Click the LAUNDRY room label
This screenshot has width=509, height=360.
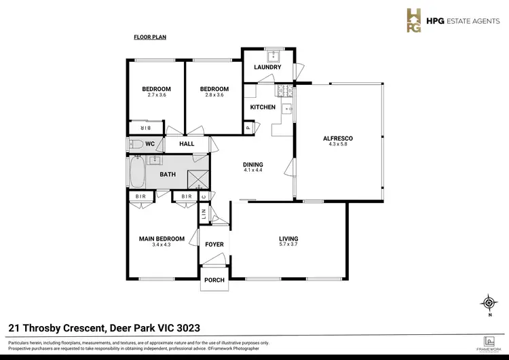[x=267, y=67]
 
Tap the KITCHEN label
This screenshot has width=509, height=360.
[x=263, y=107]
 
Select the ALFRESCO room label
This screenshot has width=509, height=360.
[x=337, y=139]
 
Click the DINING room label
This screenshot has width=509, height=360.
[x=253, y=164]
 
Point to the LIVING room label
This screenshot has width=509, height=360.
[x=288, y=238]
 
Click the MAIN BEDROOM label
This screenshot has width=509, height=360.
[x=162, y=238]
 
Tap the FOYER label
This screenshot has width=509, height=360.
[x=214, y=244]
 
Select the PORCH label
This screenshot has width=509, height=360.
[x=214, y=280]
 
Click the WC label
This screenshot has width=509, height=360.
[x=150, y=144]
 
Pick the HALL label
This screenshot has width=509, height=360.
[x=187, y=144]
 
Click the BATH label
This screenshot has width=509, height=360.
[x=168, y=175]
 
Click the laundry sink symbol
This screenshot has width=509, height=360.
[x=269, y=55]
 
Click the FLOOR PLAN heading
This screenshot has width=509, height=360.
[x=150, y=38]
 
